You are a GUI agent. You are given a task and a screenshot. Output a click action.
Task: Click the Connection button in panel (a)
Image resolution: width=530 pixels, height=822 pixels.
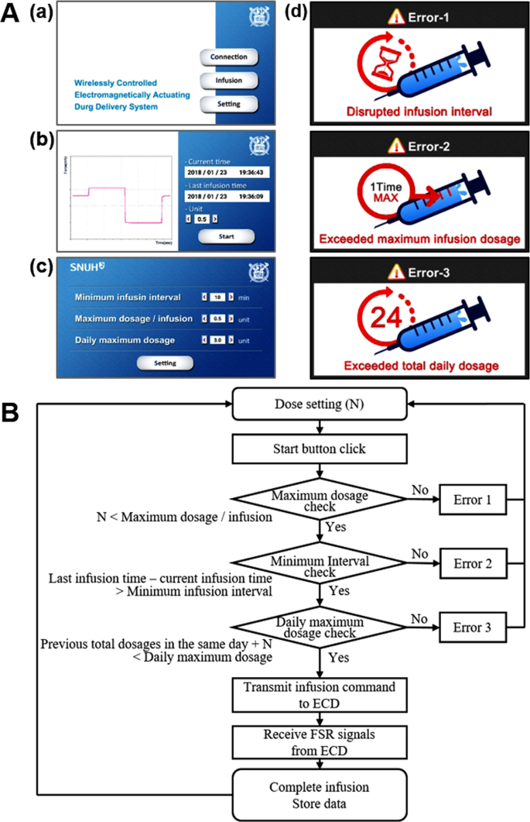[228, 57]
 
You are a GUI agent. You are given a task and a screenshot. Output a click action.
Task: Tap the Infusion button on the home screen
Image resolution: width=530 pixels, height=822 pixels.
[228, 80]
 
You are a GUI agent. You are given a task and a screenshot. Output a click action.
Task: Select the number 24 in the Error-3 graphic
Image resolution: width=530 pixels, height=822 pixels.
[382, 319]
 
